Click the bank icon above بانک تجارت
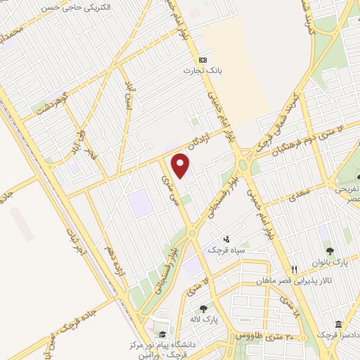[202, 60]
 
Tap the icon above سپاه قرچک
[226, 238]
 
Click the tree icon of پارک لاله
[204, 308]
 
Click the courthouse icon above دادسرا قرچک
[338, 324]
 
